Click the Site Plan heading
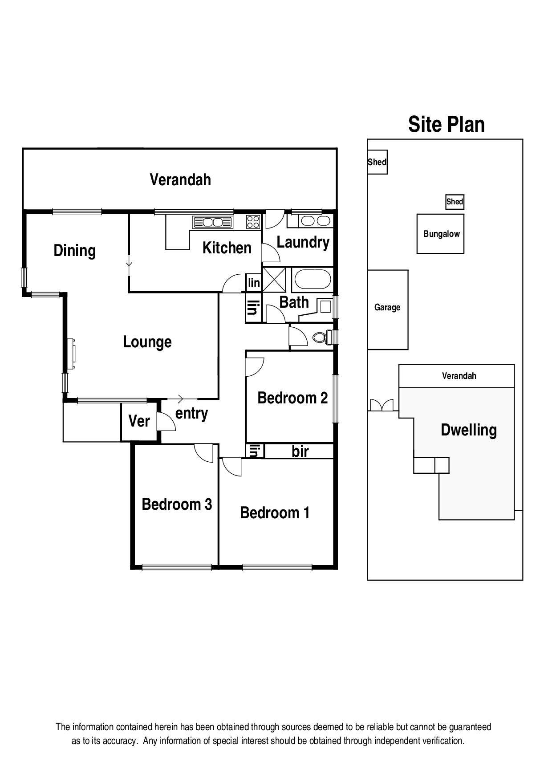click(x=446, y=124)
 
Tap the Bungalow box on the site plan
click(x=440, y=234)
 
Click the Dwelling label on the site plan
click(x=468, y=430)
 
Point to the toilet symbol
click(x=320, y=337)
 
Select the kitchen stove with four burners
click(x=253, y=221)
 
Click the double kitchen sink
click(x=213, y=221)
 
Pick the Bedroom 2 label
click(x=292, y=398)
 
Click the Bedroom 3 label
click(x=176, y=504)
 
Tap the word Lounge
click(x=147, y=342)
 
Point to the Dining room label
click(x=74, y=250)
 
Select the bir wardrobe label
click(x=300, y=452)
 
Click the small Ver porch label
click(x=139, y=421)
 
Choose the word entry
click(x=191, y=414)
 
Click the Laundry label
click(x=303, y=242)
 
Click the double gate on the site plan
click(x=382, y=405)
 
